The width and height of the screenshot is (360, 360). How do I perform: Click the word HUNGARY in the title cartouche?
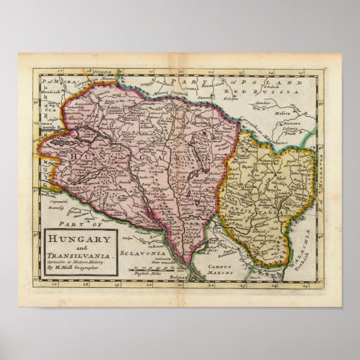[x=79, y=238]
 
